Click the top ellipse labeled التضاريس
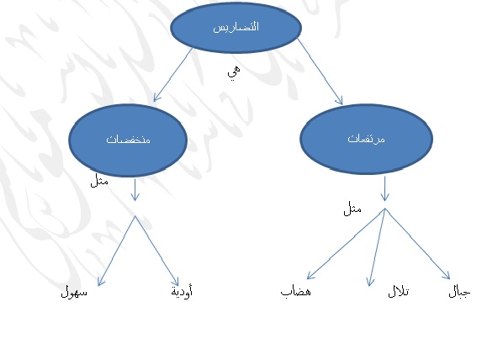pos(236,27)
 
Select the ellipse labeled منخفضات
pos(128,140)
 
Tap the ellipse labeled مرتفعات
pos(367,139)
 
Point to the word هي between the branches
pos(234,72)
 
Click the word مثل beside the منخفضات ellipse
pos(99,181)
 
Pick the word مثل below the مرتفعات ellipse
pos(352,209)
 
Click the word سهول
pos(74,292)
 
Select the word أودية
pos(182,291)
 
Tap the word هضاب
pos(295,291)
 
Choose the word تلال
pos(399,291)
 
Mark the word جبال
pos(459,292)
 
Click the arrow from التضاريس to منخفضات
pos(173,75)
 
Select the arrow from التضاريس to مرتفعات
pos(320,71)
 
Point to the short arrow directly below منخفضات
pos(135,190)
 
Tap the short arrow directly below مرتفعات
pos(384,188)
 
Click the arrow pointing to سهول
pos(116,251)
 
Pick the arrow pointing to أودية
pos(156,251)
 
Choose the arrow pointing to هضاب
pos(346,244)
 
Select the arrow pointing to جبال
pos(417,244)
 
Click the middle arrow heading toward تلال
pos(377,247)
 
